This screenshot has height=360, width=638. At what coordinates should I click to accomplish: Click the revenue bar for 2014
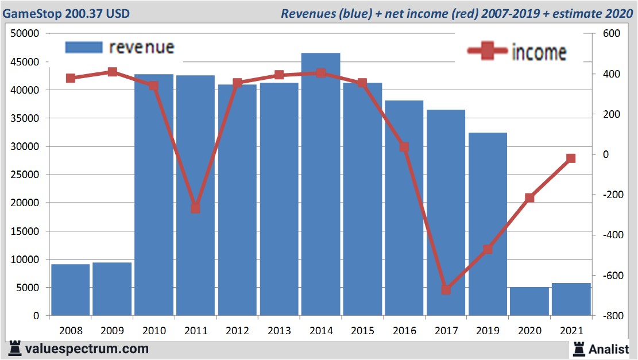point(320,184)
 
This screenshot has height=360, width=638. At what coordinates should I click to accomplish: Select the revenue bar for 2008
point(70,289)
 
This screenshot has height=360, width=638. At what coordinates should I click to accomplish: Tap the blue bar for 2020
point(529,301)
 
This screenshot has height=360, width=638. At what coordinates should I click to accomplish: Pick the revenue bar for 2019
point(488,224)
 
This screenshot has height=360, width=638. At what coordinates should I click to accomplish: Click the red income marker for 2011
point(195,208)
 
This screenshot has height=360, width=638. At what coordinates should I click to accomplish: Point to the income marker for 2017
point(446,289)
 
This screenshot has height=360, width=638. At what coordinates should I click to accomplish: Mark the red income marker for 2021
point(571,158)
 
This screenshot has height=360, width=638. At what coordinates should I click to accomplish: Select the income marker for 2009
point(112,72)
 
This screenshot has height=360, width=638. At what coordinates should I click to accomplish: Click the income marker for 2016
point(404,147)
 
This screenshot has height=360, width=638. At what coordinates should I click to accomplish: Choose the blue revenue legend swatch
point(83,47)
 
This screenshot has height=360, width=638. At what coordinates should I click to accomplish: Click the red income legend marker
point(487,51)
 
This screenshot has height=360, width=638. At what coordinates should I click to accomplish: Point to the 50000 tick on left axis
point(25,34)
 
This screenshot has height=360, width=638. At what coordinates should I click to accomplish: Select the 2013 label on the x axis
point(279,331)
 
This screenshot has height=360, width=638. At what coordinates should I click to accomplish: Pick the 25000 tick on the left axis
point(25,175)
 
